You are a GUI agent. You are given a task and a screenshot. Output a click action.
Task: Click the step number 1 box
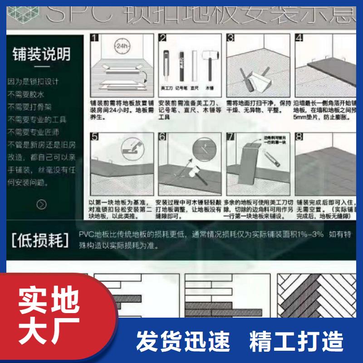[95, 38]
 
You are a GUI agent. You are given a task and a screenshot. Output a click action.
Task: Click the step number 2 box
[163, 38]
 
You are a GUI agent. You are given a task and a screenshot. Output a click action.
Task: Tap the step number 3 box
[231, 38]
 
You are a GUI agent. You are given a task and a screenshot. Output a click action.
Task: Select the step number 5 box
[95, 136]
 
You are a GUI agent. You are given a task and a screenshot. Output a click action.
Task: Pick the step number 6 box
[163, 136]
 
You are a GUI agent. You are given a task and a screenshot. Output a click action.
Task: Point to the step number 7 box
[231, 136]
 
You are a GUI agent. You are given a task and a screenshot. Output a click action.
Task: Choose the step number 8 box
[299, 136]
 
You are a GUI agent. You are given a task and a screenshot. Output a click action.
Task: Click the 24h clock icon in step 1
[121, 46]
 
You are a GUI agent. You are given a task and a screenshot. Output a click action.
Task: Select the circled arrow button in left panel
[41, 204]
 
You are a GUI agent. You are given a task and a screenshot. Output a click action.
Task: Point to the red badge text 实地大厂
[49, 313]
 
